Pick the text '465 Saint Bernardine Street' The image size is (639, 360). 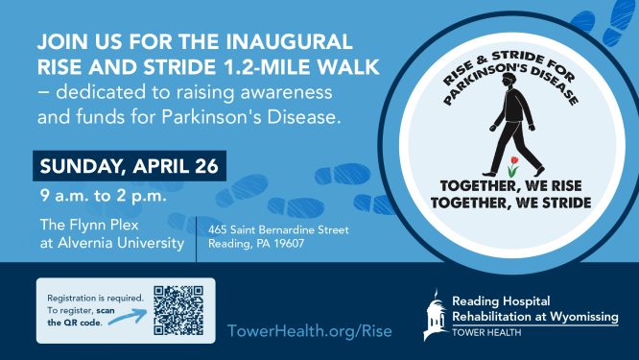[279, 229]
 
